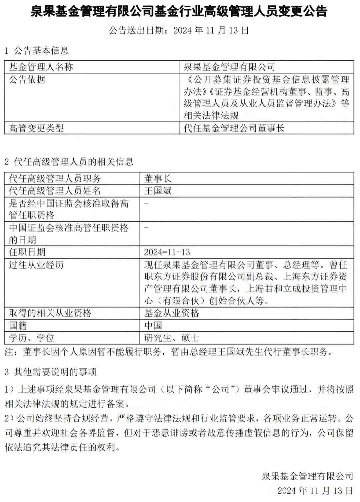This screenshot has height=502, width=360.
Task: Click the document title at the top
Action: pyautogui.click(x=179, y=11)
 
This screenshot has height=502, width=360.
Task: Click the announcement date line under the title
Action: pyautogui.click(x=179, y=30)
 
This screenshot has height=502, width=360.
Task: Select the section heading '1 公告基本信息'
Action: pyautogui.click(x=37, y=51)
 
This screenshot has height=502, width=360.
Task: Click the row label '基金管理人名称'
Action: pyautogui.click(x=41, y=67)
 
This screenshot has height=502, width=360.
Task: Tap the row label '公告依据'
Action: pyautogui.click(x=27, y=79)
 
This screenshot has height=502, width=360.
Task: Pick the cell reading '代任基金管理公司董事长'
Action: pyautogui.click(x=234, y=128)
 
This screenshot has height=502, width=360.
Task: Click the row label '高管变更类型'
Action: pyautogui.click(x=36, y=128)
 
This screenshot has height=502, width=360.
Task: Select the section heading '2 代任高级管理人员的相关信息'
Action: pyautogui.click(x=69, y=162)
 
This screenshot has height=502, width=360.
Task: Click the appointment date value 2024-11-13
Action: pyautogui.click(x=167, y=252)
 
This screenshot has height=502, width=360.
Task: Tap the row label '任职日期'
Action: pyautogui.click(x=27, y=252)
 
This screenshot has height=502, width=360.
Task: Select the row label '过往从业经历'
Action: pyautogui.click(x=36, y=265)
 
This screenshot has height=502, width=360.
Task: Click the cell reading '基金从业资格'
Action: pyautogui.click(x=172, y=313)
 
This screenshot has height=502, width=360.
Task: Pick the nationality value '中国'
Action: pyautogui.click(x=153, y=325)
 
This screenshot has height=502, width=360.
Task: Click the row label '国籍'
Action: pyautogui.click(x=18, y=325)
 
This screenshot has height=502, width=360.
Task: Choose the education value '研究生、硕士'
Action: pyautogui.click(x=172, y=338)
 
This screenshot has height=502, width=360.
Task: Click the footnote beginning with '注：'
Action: pyautogui.click(x=169, y=352)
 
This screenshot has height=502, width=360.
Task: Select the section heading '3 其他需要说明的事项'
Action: pyautogui.click(x=51, y=372)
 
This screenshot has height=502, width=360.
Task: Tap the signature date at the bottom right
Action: pyautogui.click(x=315, y=490)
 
